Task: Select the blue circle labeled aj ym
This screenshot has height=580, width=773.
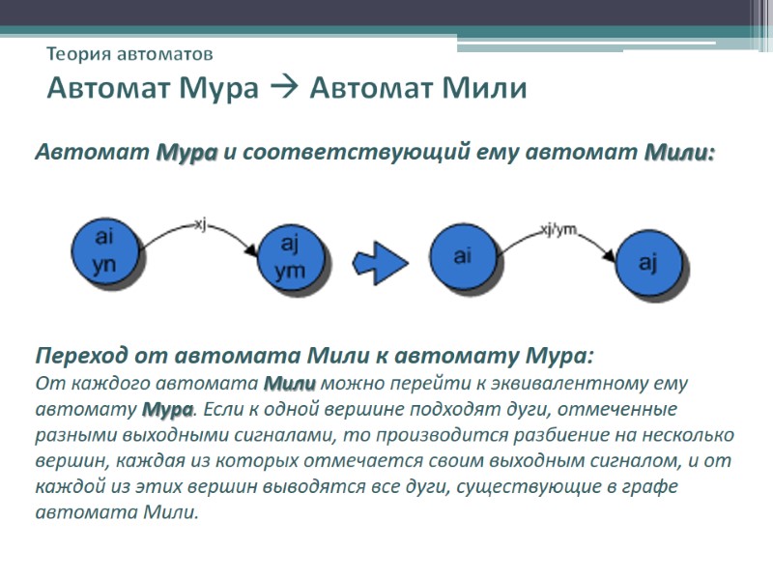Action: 289,258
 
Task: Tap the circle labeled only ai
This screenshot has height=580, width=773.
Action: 462,255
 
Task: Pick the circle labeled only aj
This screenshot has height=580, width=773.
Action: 648,262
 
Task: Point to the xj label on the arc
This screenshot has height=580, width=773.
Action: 201,223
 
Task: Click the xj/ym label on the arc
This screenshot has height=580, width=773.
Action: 559,228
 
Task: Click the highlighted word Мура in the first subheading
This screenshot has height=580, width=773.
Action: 186,153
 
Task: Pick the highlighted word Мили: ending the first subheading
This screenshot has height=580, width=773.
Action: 679,153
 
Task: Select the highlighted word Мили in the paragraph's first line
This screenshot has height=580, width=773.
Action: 290,383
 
